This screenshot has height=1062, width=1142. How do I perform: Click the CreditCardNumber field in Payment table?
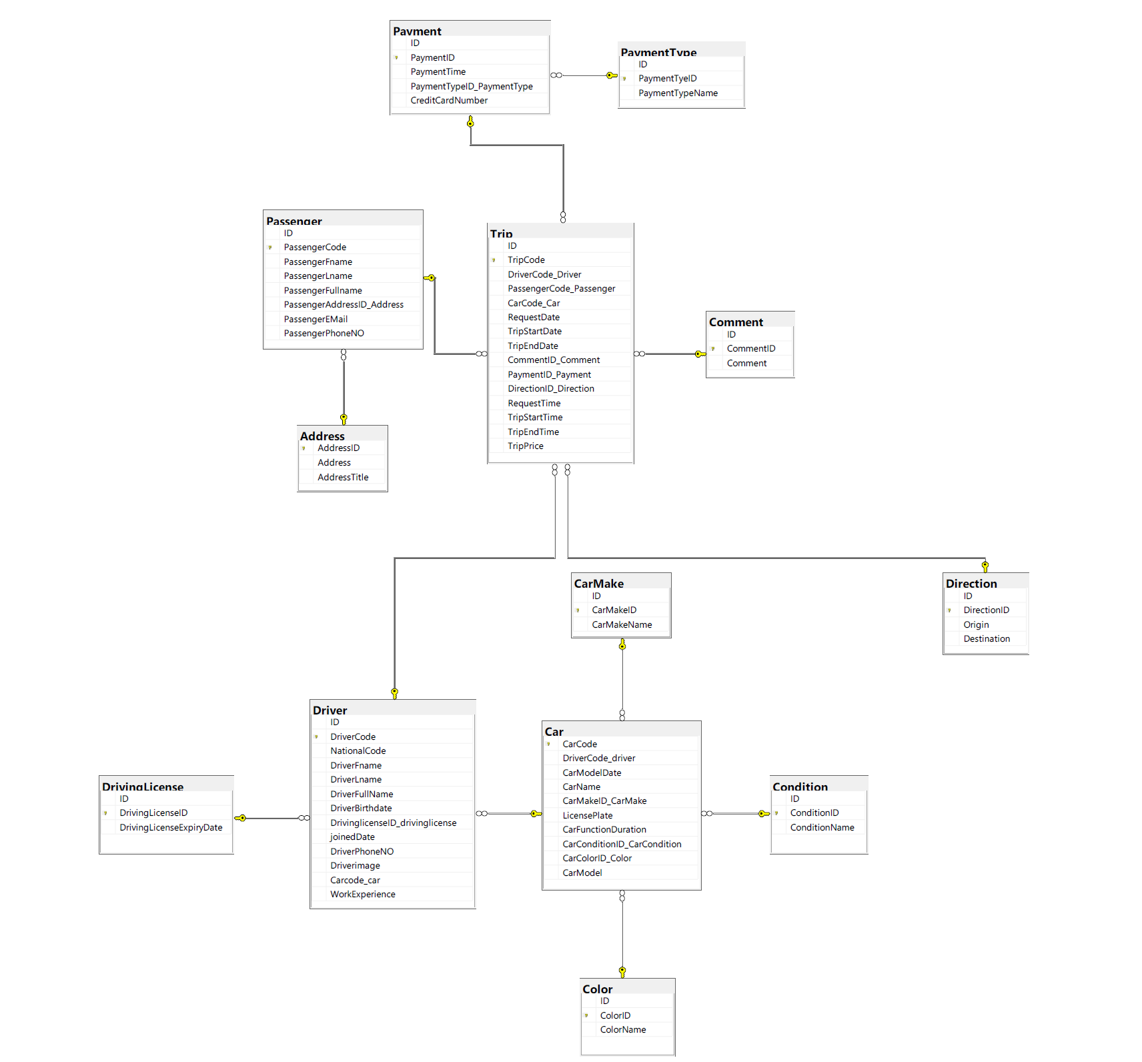(x=449, y=101)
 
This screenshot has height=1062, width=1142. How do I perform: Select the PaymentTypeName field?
(x=678, y=93)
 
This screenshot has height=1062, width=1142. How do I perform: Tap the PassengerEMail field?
(x=316, y=320)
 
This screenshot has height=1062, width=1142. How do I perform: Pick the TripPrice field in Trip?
(x=526, y=446)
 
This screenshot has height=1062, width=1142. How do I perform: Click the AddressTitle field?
(x=343, y=478)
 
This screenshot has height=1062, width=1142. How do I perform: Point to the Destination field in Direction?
(x=987, y=639)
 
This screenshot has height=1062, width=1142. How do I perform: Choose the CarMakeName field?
(x=622, y=625)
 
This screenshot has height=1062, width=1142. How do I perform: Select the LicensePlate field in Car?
(x=587, y=816)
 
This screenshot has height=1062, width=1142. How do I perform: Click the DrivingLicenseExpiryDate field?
(x=171, y=828)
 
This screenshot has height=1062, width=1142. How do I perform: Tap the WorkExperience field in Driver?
(x=363, y=895)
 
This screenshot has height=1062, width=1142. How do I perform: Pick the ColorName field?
(x=623, y=1030)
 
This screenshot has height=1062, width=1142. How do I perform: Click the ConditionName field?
(x=822, y=828)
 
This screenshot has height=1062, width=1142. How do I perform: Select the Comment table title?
(x=736, y=322)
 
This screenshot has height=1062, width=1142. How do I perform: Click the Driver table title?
(x=330, y=710)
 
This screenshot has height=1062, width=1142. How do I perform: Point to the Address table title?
(x=322, y=436)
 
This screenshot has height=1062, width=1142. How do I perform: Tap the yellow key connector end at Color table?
(x=622, y=971)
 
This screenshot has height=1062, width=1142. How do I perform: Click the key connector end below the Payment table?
(x=470, y=122)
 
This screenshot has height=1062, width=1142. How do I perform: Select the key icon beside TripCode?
(x=494, y=260)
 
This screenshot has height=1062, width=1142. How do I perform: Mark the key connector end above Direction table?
(x=985, y=566)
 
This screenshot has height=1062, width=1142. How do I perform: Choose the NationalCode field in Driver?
(x=358, y=751)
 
